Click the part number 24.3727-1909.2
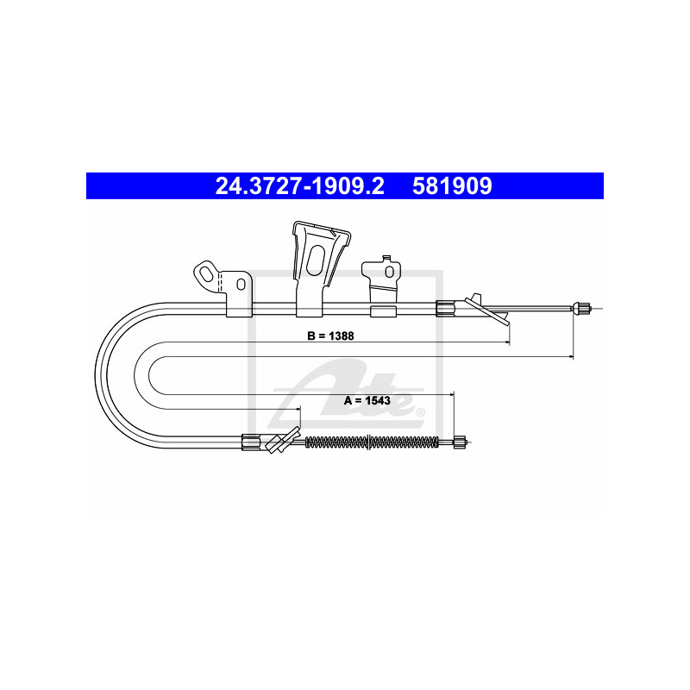[x=299, y=186]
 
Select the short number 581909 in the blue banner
[x=452, y=186]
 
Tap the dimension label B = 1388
[x=330, y=336]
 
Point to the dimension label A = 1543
[x=367, y=400]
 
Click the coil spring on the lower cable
[x=372, y=442]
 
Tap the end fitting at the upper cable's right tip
[x=580, y=309]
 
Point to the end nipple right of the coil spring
[x=460, y=442]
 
